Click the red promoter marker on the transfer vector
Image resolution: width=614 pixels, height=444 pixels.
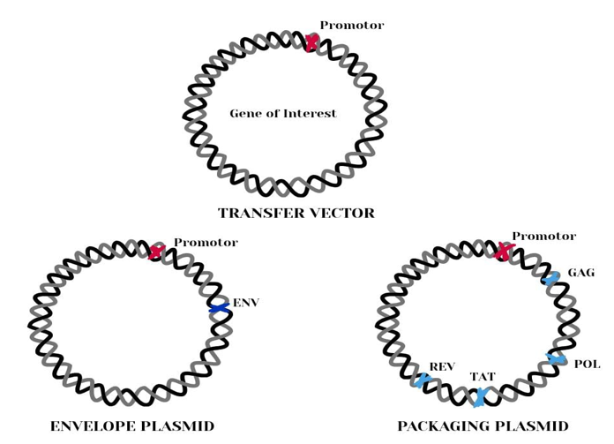click(311, 42)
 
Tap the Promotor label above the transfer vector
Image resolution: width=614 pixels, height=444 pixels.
click(351, 26)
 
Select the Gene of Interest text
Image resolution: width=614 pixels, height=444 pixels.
click(282, 114)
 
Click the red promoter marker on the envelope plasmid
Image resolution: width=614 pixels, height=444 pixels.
click(156, 252)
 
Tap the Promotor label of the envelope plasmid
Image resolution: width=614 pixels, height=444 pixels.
click(205, 242)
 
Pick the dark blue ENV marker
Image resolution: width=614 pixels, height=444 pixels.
click(219, 308)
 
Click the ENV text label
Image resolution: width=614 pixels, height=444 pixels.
click(246, 303)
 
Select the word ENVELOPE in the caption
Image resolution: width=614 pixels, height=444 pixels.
click(91, 426)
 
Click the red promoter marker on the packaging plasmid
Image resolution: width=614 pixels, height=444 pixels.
click(503, 252)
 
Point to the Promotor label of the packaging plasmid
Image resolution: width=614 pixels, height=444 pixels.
click(543, 237)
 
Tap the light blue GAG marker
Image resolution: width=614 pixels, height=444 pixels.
click(552, 279)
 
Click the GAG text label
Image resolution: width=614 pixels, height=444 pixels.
click(580, 273)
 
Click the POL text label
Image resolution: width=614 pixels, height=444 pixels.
click(587, 364)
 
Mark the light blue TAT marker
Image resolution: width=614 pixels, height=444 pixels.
click(480, 397)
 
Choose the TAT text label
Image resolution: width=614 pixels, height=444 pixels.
click(483, 377)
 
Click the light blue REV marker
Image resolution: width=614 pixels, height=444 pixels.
click(423, 380)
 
